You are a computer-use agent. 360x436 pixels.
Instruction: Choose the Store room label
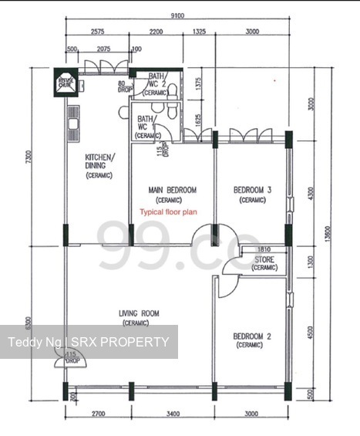(264, 264)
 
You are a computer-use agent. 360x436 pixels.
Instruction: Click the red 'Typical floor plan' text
(168, 211)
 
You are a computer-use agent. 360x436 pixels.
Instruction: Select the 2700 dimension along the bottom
(96, 414)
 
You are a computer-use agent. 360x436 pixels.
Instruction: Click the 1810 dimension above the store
(264, 250)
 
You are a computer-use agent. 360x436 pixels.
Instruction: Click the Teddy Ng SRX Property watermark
(88, 342)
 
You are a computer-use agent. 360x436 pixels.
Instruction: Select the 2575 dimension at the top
(97, 32)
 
